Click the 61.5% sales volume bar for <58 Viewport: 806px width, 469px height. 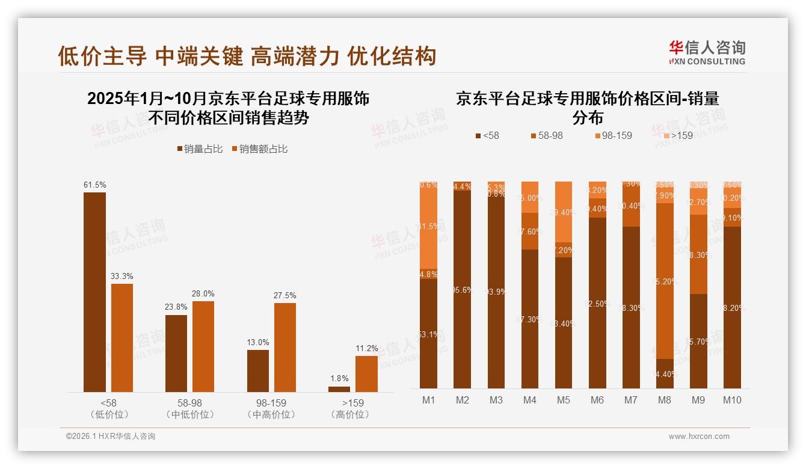point(94,292)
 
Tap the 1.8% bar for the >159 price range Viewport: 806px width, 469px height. point(339,389)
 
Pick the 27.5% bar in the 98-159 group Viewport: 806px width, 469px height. point(285,348)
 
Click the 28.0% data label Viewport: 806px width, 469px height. point(203,294)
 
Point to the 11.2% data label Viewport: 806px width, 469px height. point(366,349)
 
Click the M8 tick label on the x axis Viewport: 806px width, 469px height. point(665,400)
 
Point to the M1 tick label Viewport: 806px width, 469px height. point(429,400)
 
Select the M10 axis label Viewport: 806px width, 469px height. point(732,400)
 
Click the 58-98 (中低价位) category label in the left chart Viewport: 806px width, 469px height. point(190,408)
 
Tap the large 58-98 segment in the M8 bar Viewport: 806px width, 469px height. point(665,281)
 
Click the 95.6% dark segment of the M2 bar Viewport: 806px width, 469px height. point(463,289)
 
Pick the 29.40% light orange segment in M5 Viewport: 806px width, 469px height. point(564,212)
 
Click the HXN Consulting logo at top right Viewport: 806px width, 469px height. point(707,52)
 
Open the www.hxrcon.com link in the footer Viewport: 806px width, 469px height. point(699,437)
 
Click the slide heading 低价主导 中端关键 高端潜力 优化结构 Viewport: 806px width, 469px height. point(247,56)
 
